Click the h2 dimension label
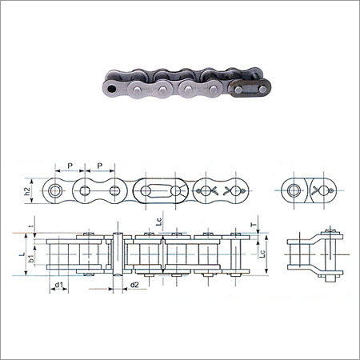(26, 191)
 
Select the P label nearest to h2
(70, 166)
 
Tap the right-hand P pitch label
(99, 166)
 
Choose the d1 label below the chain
(60, 285)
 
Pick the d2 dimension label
(134, 285)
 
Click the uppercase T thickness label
(254, 226)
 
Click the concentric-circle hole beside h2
(56, 191)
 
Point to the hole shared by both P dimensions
(85, 191)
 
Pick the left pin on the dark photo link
(237, 90)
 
